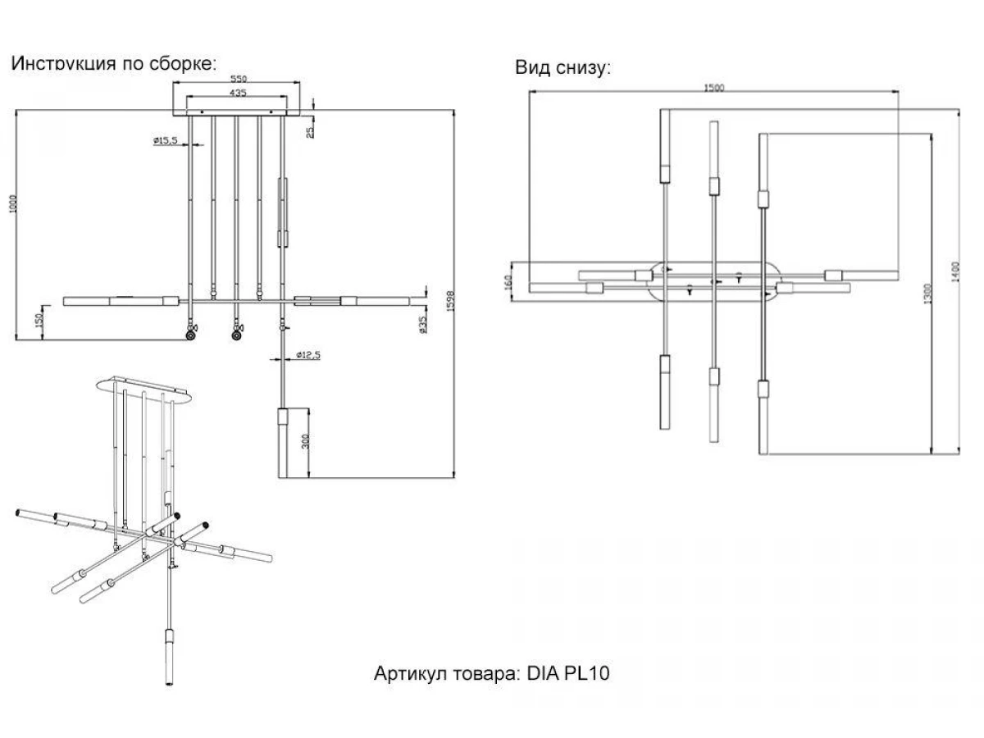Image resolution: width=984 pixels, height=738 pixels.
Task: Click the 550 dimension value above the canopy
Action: (x=239, y=79)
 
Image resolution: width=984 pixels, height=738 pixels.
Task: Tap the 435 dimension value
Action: (x=237, y=93)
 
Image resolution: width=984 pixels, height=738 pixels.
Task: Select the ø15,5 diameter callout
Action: (x=165, y=141)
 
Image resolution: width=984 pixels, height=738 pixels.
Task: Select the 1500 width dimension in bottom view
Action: (x=713, y=88)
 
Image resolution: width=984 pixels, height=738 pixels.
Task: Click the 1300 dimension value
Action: (x=927, y=293)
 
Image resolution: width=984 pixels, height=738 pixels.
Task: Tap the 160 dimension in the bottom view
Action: (x=508, y=282)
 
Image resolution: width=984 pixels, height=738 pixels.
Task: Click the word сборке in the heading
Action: (x=180, y=64)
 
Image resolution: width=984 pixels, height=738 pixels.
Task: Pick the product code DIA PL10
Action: (x=566, y=674)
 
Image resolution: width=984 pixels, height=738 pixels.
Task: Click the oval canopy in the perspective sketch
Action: (x=148, y=386)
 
